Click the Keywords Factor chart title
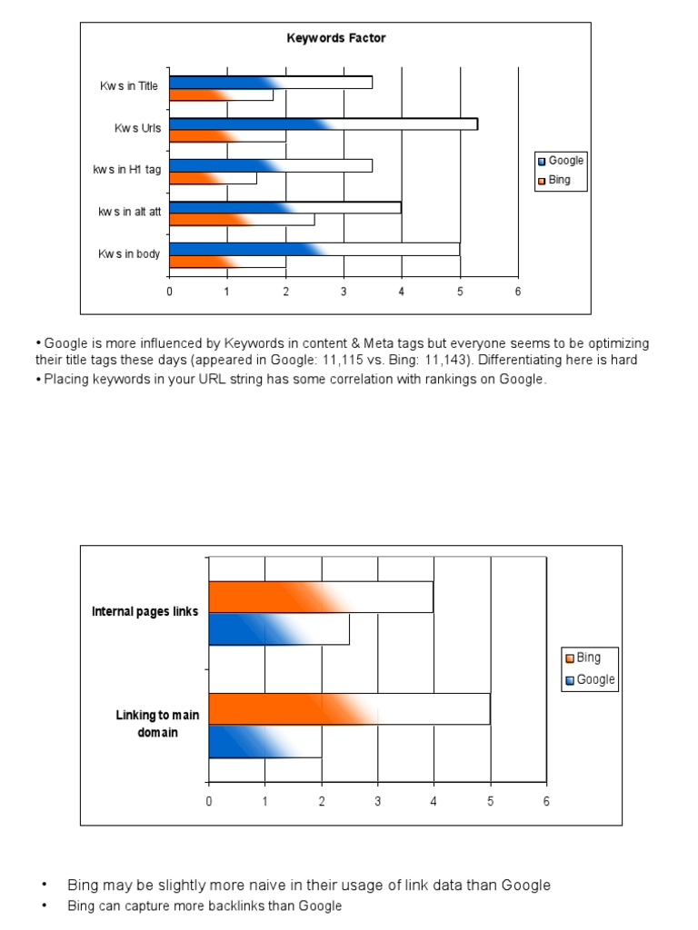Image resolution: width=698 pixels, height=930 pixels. click(x=336, y=38)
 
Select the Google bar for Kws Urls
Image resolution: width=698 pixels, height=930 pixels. click(x=323, y=124)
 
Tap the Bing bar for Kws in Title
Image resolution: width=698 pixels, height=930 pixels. click(x=221, y=94)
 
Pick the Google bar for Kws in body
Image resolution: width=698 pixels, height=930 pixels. click(x=314, y=249)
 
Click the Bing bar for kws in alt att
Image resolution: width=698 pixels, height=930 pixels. click(x=242, y=220)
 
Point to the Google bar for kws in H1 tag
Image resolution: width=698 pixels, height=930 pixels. click(x=270, y=165)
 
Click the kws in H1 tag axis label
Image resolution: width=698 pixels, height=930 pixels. click(x=126, y=170)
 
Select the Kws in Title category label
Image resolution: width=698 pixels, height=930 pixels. click(x=129, y=86)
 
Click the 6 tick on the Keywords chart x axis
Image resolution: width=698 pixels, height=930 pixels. click(x=518, y=292)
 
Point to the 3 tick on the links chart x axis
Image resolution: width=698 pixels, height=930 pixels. click(x=378, y=801)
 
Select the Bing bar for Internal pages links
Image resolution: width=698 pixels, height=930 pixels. click(x=321, y=598)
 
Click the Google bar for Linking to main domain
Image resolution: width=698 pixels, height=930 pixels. click(x=264, y=741)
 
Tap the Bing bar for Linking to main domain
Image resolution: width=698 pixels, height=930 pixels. click(x=349, y=708)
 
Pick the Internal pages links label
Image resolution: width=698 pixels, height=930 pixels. click(x=145, y=612)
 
